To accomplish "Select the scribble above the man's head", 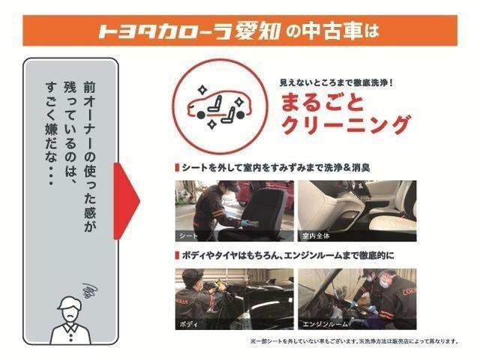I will coord(89,288).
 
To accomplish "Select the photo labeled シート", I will coord(234,209).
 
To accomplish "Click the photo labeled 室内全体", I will coord(357,209).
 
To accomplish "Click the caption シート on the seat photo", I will coord(189,235).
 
